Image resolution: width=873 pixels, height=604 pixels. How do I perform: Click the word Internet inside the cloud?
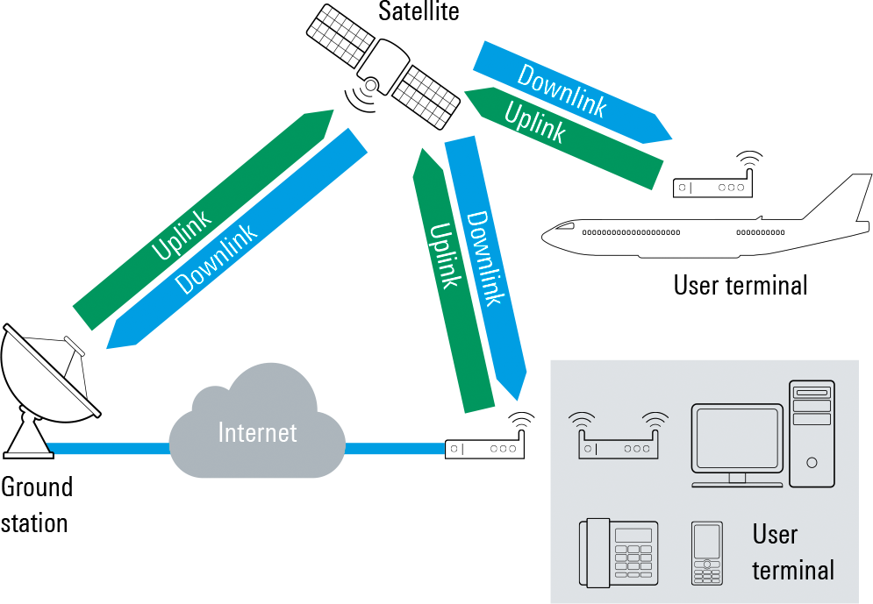coord(257,433)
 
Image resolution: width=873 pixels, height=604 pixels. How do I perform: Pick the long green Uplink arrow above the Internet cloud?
coord(203,219)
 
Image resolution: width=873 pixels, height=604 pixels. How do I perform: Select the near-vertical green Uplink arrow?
coord(451,281)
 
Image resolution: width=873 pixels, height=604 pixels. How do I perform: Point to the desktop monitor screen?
coord(737,438)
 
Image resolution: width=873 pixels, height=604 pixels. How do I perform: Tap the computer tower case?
coord(812,433)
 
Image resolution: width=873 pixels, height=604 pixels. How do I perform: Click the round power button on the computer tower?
coord(812,462)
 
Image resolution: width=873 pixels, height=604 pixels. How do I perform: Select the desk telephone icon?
coord(619,552)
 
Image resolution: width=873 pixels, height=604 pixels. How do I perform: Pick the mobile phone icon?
coord(706,552)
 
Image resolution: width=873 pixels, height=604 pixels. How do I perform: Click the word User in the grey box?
coord(775,534)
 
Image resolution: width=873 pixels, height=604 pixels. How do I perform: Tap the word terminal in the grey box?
coord(792,571)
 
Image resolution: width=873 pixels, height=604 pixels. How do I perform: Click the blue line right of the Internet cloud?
coord(395,449)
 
